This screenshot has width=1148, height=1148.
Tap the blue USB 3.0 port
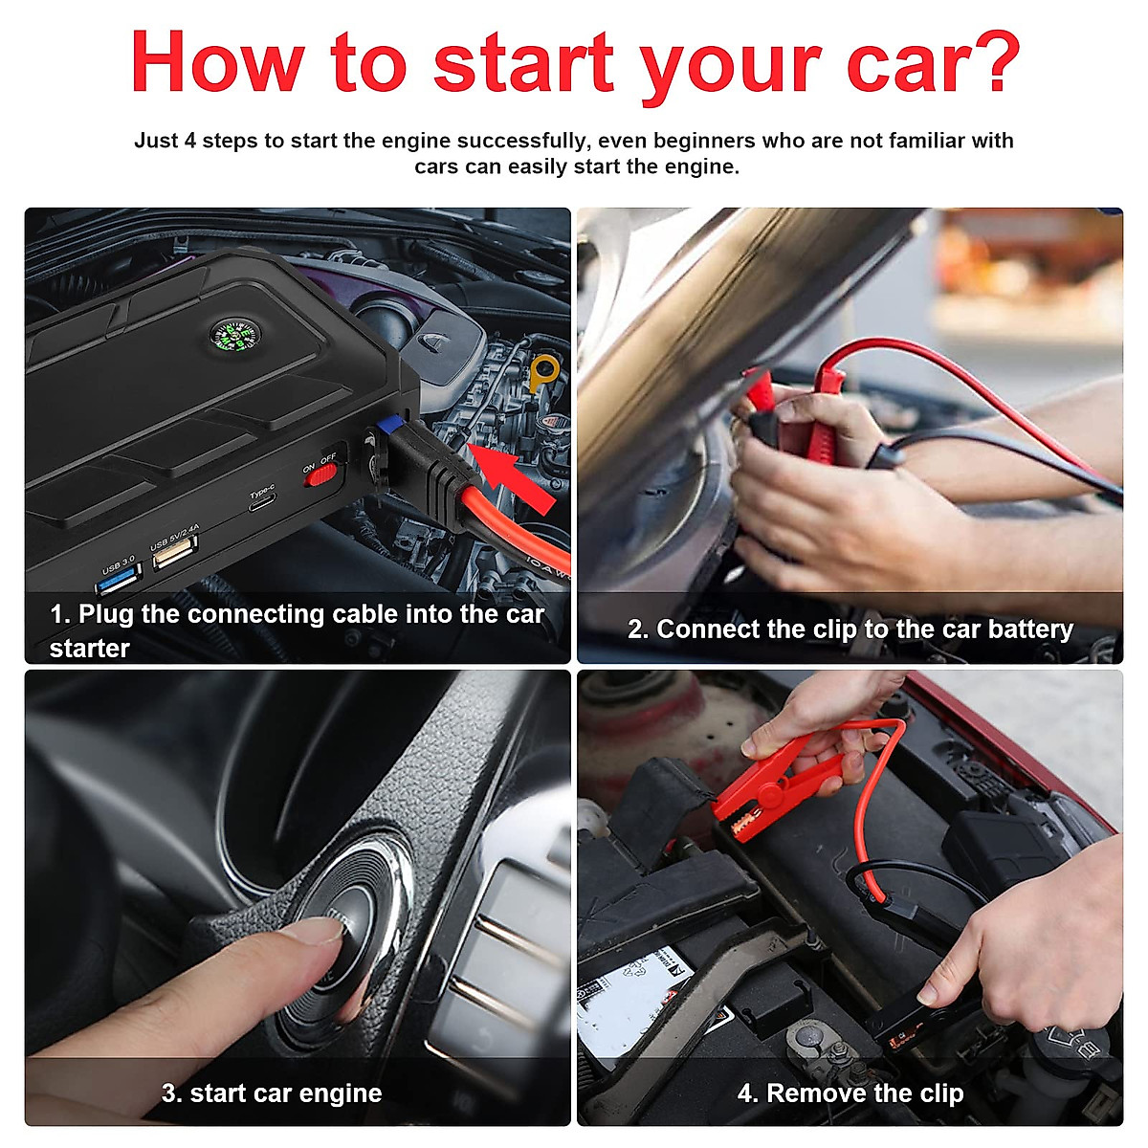(x=119, y=581)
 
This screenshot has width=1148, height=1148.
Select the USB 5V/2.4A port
(x=175, y=553)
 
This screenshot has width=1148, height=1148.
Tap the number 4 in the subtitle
(x=189, y=141)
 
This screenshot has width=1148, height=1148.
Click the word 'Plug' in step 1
(x=106, y=614)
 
